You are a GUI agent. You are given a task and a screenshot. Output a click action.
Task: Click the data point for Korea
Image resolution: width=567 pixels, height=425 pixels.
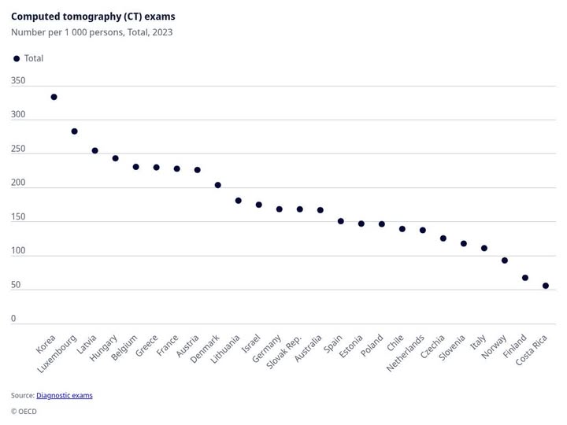tap(54, 97)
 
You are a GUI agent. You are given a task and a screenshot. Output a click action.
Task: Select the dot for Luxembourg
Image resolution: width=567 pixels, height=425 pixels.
tap(74, 131)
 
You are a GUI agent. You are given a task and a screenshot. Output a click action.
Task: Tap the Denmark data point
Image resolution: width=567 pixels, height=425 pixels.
tap(218, 185)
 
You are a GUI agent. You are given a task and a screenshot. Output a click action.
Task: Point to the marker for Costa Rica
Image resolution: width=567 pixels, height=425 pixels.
tap(546, 286)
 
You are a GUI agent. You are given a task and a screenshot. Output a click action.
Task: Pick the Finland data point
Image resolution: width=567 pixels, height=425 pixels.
tap(525, 278)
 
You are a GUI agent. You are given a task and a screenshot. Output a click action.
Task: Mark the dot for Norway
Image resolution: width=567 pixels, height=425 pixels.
tap(505, 261)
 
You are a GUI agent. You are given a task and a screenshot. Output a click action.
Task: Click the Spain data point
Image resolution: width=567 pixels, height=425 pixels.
tap(341, 221)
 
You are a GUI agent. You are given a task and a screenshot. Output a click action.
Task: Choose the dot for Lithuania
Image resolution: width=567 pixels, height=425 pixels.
tap(239, 201)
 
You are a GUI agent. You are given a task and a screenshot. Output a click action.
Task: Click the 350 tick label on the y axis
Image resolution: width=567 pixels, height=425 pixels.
tap(18, 80)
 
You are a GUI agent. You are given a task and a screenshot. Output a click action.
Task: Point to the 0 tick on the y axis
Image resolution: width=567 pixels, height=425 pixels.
tap(13, 319)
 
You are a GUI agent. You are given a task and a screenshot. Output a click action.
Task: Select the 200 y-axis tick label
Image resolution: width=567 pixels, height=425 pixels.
tap(18, 183)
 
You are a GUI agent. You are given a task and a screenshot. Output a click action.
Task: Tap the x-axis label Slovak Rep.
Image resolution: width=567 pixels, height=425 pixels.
tap(285, 352)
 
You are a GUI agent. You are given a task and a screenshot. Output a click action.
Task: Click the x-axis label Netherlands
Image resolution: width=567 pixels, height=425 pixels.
tap(406, 353)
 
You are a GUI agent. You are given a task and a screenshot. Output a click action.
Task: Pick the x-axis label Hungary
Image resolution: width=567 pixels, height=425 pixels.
tap(104, 348)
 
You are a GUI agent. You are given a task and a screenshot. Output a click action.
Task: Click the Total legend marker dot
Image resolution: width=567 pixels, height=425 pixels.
tap(16, 59)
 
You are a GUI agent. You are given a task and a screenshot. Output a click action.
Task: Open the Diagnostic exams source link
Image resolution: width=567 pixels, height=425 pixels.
tap(64, 395)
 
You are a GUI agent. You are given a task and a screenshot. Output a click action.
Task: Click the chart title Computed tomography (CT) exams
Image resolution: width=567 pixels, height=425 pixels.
tap(93, 17)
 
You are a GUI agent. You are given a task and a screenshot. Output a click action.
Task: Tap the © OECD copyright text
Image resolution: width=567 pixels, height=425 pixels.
tap(24, 411)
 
